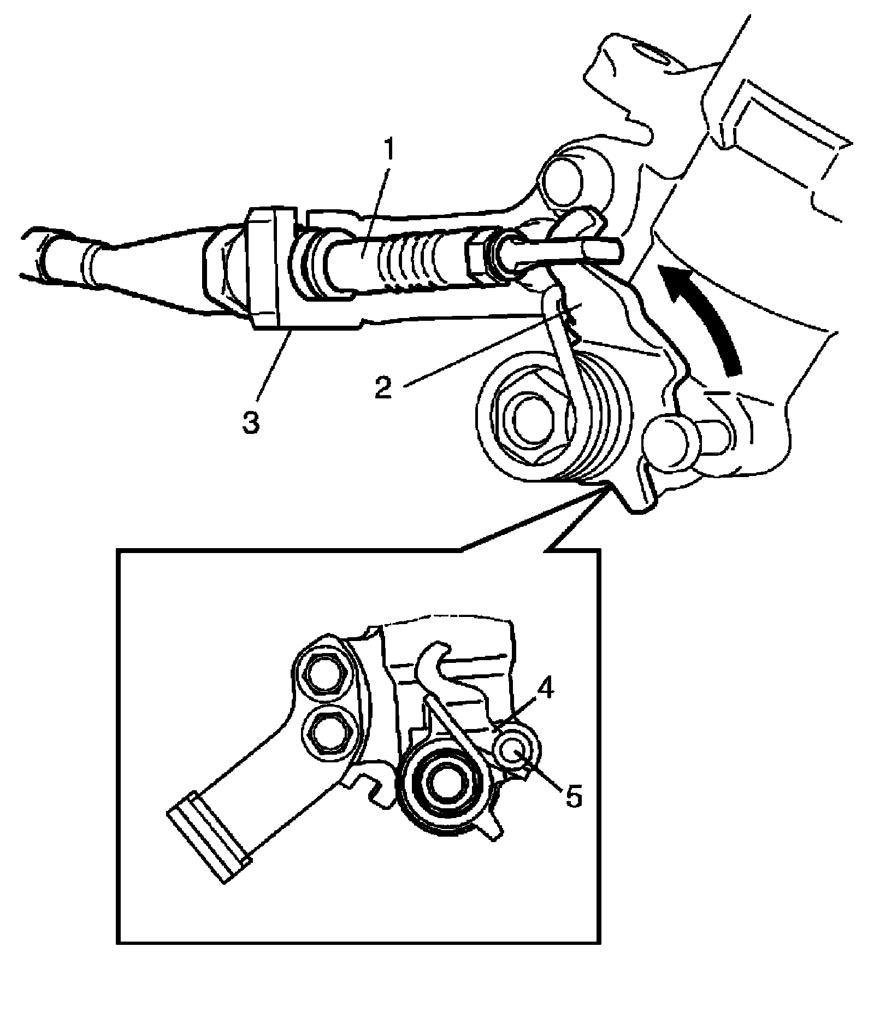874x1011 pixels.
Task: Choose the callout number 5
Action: pos(572,797)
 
